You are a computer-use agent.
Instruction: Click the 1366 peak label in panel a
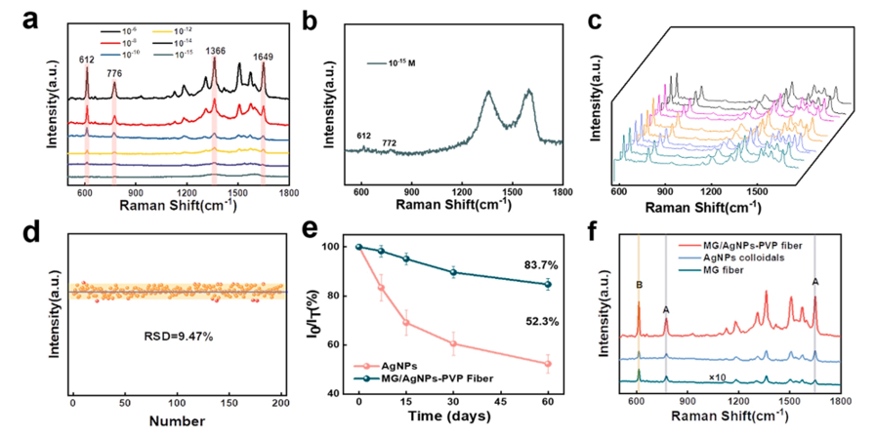(214, 51)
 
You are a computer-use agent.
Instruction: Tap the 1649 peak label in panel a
(262, 58)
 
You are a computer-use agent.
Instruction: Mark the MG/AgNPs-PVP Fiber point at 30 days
(453, 272)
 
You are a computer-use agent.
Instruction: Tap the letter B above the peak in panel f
(639, 285)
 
